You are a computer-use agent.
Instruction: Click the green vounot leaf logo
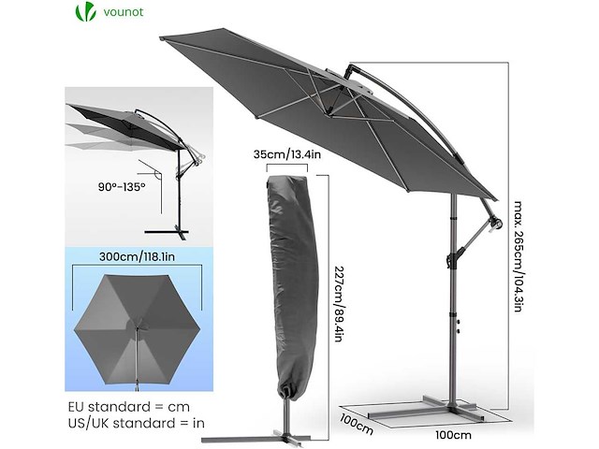[x=85, y=11]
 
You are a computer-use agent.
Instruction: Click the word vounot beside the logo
[x=124, y=12]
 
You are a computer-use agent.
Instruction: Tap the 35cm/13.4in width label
[x=287, y=154]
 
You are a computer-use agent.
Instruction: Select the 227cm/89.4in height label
[x=339, y=303]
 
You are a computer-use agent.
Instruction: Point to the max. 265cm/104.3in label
[x=518, y=256]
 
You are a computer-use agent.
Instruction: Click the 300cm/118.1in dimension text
[x=138, y=256]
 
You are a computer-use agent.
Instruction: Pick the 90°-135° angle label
[x=122, y=187]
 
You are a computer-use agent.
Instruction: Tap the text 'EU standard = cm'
[x=129, y=407]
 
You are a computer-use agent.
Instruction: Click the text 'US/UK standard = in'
[x=137, y=423]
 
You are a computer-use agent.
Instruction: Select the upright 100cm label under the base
[x=453, y=434]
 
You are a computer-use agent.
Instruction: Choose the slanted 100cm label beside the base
[x=356, y=424]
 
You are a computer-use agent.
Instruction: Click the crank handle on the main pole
[x=453, y=258]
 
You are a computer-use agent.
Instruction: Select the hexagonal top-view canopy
[x=137, y=330]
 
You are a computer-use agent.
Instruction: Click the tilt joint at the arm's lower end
[x=495, y=223]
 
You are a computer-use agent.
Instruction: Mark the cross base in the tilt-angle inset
[x=167, y=232]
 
